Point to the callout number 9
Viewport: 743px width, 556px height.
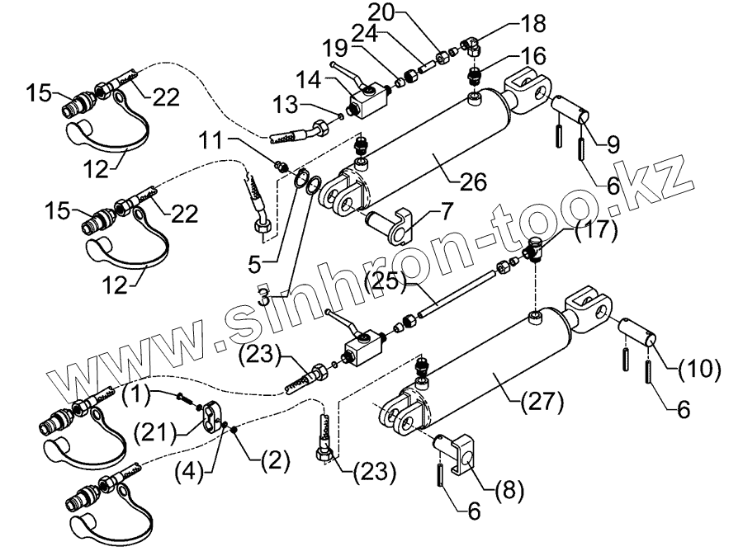612,143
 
